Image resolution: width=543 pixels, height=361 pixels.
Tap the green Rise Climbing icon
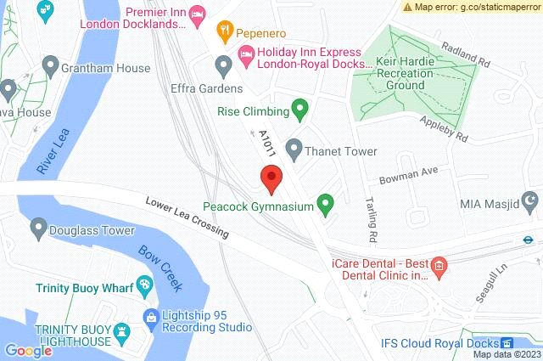coord(299,109)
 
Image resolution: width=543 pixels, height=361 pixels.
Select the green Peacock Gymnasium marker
coord(324,204)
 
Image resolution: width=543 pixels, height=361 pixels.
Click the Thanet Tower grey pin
coord(294,149)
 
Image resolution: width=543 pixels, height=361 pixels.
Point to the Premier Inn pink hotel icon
coord(197,13)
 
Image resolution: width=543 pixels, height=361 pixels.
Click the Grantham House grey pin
coord(50,65)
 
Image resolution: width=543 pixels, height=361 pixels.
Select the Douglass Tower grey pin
coord(38,228)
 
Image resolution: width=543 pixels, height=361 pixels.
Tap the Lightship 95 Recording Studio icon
coord(150,319)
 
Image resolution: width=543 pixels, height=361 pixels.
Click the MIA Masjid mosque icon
coord(531,202)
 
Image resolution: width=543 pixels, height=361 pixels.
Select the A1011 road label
coord(268,143)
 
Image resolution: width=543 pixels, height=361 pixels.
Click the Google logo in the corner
coord(28,350)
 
